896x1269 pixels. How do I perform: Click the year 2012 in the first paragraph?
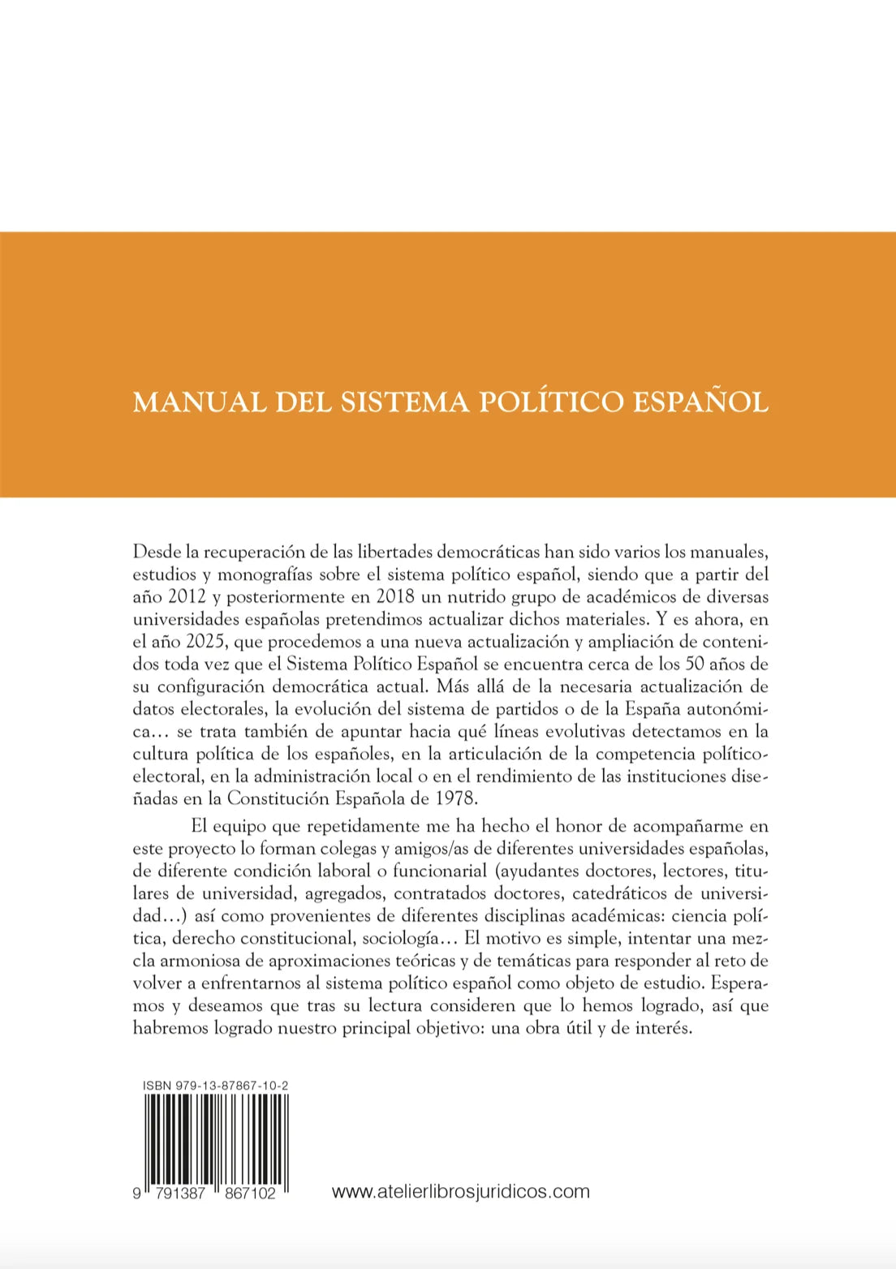(x=187, y=596)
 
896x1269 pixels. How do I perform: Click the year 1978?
(x=455, y=798)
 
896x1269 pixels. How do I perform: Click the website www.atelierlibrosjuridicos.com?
(x=460, y=1191)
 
